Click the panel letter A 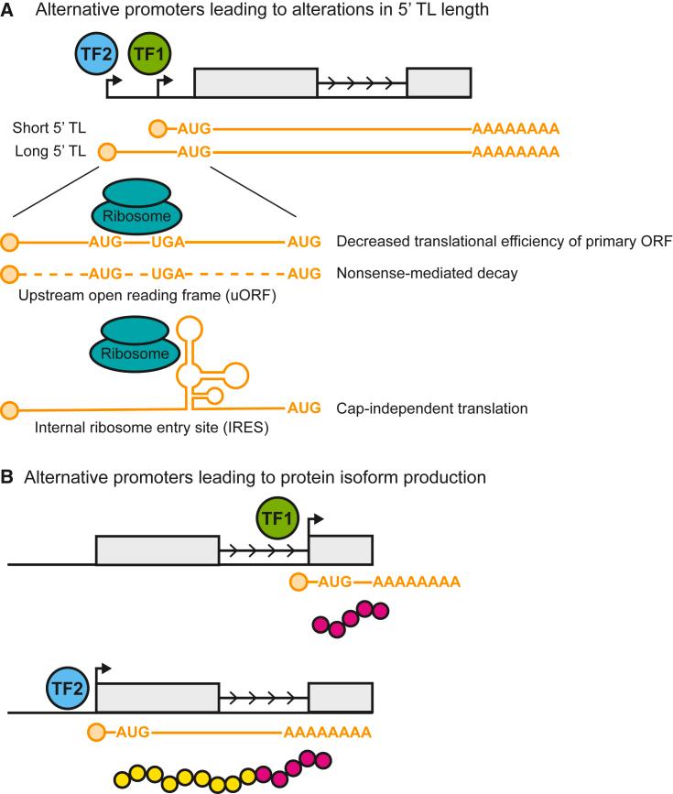pyautogui.click(x=8, y=12)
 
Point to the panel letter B pyautogui.click(x=8, y=477)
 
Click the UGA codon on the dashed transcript pyautogui.click(x=168, y=273)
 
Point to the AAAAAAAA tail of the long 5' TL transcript pyautogui.click(x=515, y=151)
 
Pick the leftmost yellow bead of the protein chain pyautogui.click(x=123, y=780)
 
